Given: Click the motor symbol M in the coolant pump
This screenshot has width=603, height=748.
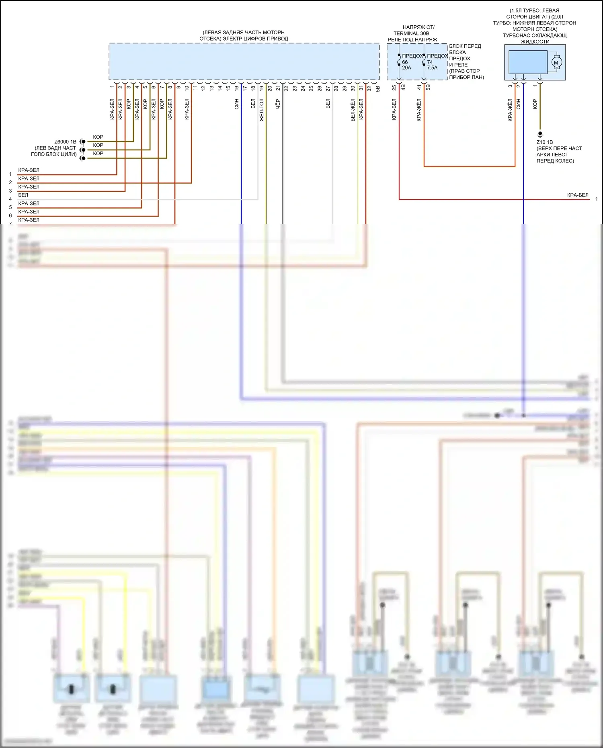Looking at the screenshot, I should (556, 63).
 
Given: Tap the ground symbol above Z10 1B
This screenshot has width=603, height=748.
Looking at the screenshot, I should (540, 134).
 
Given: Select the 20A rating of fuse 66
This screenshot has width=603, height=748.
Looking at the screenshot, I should (406, 68).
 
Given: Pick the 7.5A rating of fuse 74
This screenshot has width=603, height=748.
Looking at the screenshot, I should (432, 68).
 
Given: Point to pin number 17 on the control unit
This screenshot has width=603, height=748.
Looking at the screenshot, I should (245, 88).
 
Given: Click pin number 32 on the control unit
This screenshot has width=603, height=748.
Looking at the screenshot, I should (369, 88).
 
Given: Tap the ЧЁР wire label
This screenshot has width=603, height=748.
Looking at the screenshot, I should (278, 104).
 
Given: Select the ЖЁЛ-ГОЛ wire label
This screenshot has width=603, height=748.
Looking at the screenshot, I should (261, 110).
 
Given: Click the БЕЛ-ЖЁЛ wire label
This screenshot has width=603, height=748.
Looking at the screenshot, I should (353, 110).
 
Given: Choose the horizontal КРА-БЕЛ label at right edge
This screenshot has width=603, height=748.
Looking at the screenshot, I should (577, 195).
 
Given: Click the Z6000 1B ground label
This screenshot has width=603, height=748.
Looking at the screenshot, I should (65, 142).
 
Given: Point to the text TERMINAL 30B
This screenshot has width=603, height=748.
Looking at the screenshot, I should (411, 33).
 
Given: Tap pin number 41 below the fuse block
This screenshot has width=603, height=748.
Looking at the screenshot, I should (419, 87).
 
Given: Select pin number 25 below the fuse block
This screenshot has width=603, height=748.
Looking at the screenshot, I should (394, 87).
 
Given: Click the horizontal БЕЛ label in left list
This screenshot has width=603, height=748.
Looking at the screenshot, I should (23, 195).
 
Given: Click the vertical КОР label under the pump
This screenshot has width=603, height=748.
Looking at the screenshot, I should (535, 104).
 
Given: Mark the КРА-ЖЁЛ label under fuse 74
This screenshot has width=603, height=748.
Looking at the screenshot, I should (419, 110).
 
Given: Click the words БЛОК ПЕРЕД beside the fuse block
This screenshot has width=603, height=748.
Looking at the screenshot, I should (465, 46).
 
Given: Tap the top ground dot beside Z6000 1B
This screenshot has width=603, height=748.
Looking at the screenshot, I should (83, 141).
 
